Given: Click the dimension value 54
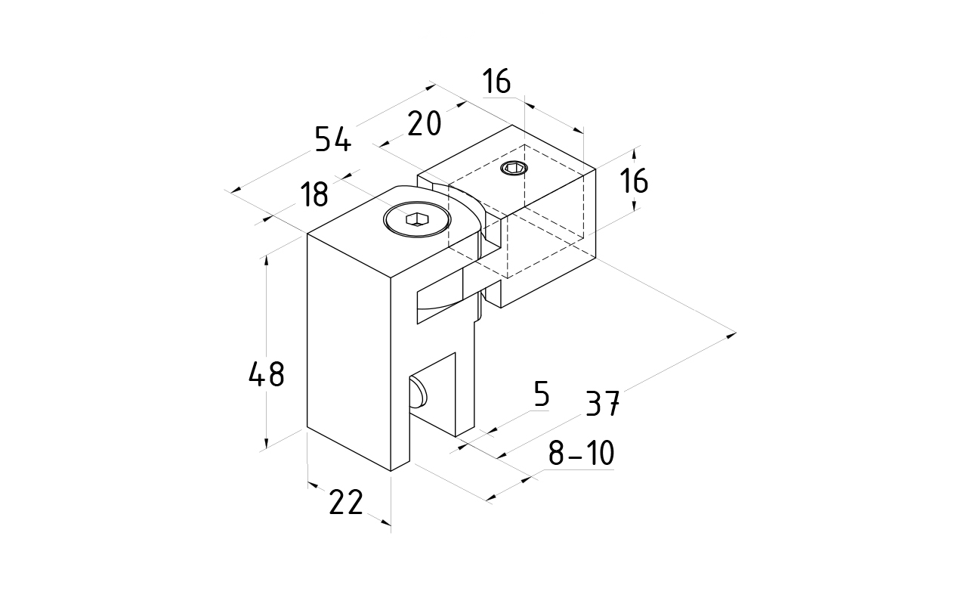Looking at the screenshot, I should pyautogui.click(x=333, y=140).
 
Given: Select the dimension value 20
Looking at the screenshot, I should pyautogui.click(x=424, y=123).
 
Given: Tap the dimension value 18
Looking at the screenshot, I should pyautogui.click(x=314, y=195).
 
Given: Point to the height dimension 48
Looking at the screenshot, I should pyautogui.click(x=266, y=374).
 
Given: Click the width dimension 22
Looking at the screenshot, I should pyautogui.click(x=347, y=503).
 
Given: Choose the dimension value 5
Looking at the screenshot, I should pyautogui.click(x=541, y=395).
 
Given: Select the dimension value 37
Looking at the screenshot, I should pyautogui.click(x=603, y=405).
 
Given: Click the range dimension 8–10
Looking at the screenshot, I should pyautogui.click(x=580, y=454).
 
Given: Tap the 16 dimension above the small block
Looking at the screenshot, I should pyautogui.click(x=498, y=81).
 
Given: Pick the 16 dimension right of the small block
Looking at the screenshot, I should pyautogui.click(x=635, y=181).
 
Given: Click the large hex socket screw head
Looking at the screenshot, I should pyautogui.click(x=416, y=220).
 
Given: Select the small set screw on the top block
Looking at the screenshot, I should pyautogui.click(x=514, y=168).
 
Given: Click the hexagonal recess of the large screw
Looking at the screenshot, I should pyautogui.click(x=416, y=220).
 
